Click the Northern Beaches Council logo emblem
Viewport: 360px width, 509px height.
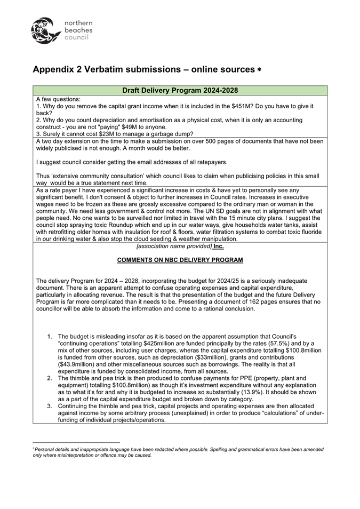[46, 30]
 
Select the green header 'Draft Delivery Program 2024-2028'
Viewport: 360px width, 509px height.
[180, 90]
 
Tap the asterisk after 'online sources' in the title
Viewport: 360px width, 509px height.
[259, 70]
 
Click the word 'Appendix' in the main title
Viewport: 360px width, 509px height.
[54, 70]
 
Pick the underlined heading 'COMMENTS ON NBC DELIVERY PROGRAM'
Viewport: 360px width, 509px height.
[180, 260]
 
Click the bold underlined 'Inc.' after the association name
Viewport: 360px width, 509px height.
[219, 246]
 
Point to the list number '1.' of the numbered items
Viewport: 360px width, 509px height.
[50, 336]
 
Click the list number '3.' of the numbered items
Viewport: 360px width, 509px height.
[50, 405]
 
